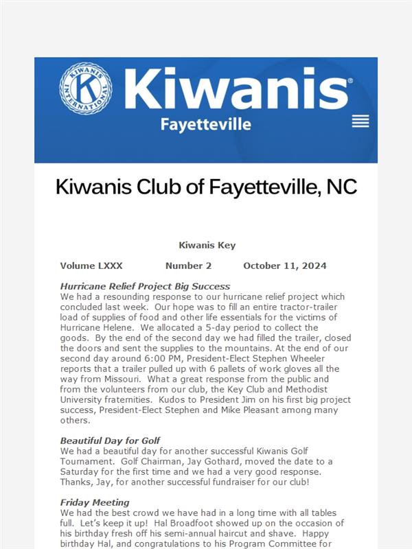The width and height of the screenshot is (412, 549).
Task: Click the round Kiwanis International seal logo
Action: pos(85,89)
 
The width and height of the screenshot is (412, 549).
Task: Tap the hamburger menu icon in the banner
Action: pos(360,121)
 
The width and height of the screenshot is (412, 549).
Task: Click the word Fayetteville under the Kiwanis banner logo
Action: pos(205,125)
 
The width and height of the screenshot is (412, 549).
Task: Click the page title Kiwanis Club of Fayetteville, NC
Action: pos(206,187)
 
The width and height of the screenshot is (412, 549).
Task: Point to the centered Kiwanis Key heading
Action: pos(207,245)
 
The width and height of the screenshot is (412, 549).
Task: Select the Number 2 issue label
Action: pos(188,266)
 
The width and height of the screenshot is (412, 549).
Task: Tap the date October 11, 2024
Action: pos(285,266)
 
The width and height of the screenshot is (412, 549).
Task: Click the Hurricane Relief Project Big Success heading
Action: pos(145,286)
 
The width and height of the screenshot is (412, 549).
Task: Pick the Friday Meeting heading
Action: pos(95,502)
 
